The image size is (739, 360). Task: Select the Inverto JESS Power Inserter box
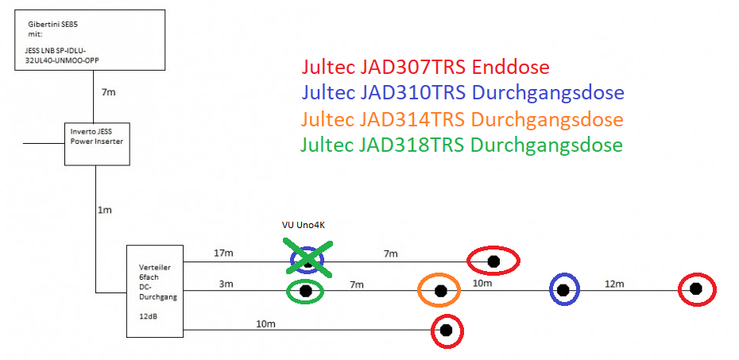pyautogui.click(x=96, y=144)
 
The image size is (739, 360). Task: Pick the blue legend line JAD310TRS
pyautogui.click(x=462, y=93)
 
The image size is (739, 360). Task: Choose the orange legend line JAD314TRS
pyautogui.click(x=462, y=119)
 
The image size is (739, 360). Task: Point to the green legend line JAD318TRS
pyautogui.click(x=462, y=145)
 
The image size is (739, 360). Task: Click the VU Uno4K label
pyautogui.click(x=304, y=225)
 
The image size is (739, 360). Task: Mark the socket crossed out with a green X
pyautogui.click(x=307, y=261)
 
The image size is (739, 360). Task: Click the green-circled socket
pyautogui.click(x=305, y=292)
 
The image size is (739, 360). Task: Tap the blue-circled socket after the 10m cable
pyautogui.click(x=564, y=290)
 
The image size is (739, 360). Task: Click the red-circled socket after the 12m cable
pyautogui.click(x=697, y=289)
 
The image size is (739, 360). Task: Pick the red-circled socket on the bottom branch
pyautogui.click(x=446, y=330)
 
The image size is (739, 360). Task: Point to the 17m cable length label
pyautogui.click(x=223, y=254)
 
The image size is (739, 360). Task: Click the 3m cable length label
pyautogui.click(x=226, y=284)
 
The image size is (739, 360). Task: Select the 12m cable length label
pyautogui.click(x=614, y=284)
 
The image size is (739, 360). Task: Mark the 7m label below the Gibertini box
pyautogui.click(x=109, y=93)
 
